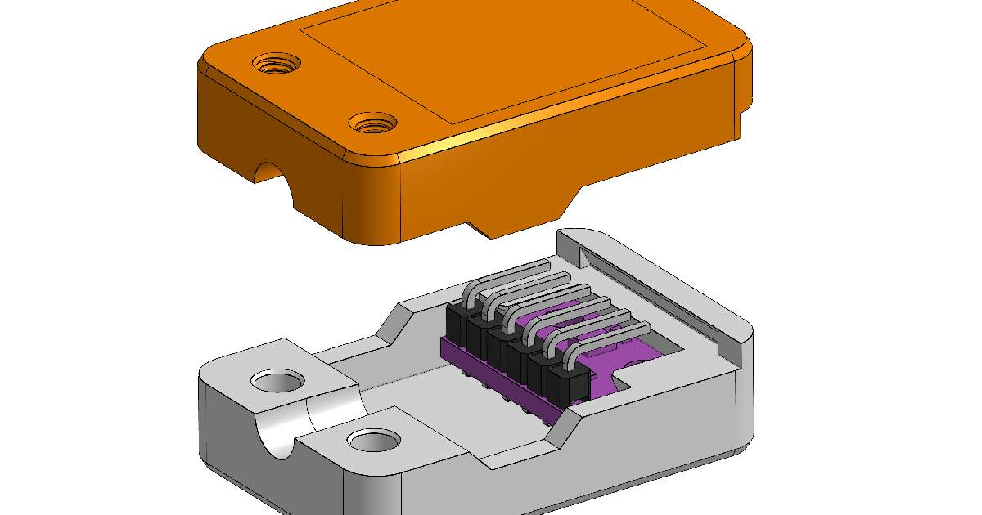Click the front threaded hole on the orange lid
click(373, 124)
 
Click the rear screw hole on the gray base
click(277, 381)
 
